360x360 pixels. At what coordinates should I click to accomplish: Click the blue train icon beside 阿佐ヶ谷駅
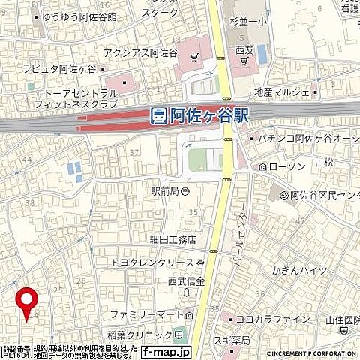click(158, 115)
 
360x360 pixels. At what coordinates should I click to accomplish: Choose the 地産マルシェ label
click(282, 92)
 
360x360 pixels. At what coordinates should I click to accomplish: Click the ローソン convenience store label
click(283, 165)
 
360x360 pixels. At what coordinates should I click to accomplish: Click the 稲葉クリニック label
click(142, 334)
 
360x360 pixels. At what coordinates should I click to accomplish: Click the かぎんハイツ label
click(299, 270)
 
